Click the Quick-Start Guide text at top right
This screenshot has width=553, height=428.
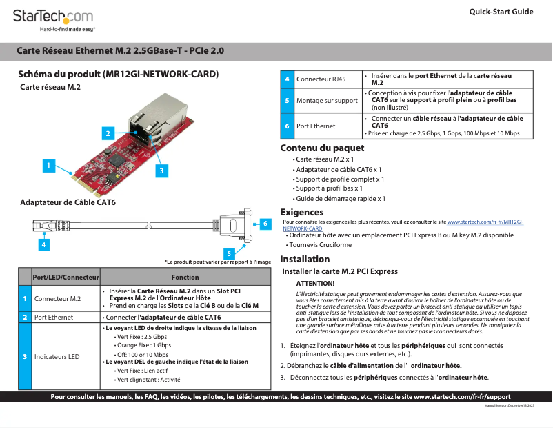(x=501, y=12)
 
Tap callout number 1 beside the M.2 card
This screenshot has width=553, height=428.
(x=48, y=165)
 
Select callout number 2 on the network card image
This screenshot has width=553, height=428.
(x=108, y=132)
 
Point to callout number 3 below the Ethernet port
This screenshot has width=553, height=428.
(x=159, y=169)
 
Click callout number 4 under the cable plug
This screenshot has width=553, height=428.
(x=43, y=244)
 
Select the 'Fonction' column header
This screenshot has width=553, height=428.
(x=185, y=277)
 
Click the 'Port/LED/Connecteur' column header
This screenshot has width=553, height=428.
(x=66, y=277)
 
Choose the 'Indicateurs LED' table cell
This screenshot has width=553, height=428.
(x=57, y=356)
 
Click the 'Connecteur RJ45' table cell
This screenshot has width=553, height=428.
(x=321, y=79)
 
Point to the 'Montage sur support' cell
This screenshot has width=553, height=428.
(x=327, y=101)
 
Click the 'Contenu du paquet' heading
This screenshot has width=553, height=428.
(x=322, y=148)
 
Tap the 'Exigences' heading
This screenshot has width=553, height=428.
(x=301, y=212)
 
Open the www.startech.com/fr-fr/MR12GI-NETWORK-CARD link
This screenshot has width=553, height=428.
(x=485, y=222)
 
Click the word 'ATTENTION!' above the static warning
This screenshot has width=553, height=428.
(x=315, y=284)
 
